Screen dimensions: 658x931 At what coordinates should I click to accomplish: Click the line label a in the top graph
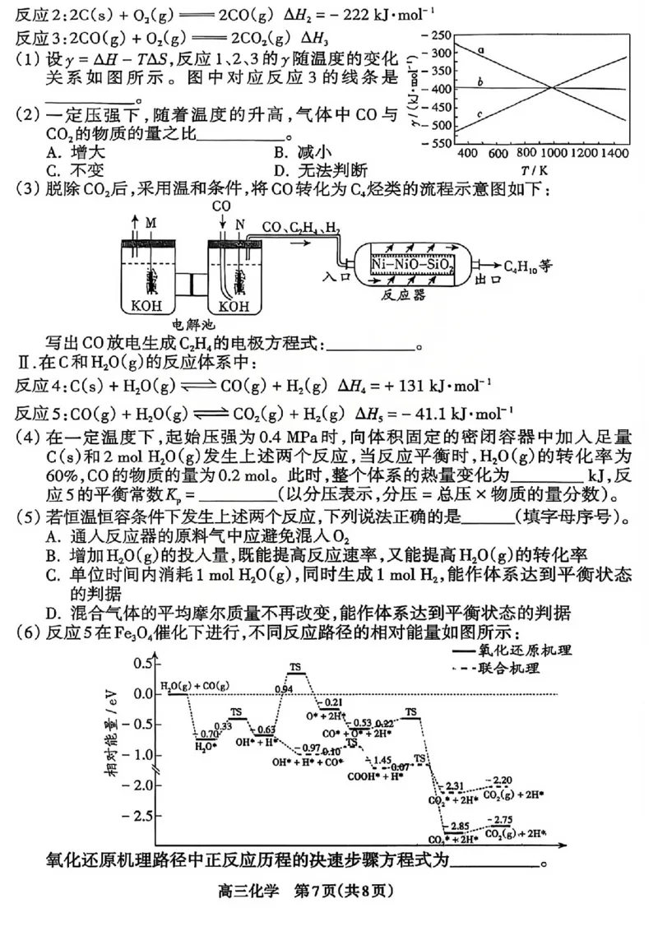[x=480, y=51]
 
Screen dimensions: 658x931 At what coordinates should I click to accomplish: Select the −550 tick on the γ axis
[x=438, y=143]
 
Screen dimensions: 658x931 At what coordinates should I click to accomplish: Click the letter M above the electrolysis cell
[x=151, y=223]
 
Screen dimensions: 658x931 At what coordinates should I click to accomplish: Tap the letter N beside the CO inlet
[x=240, y=223]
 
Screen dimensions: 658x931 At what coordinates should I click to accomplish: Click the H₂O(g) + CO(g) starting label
[x=195, y=685]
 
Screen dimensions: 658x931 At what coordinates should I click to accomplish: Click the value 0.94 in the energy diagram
[x=284, y=688]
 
